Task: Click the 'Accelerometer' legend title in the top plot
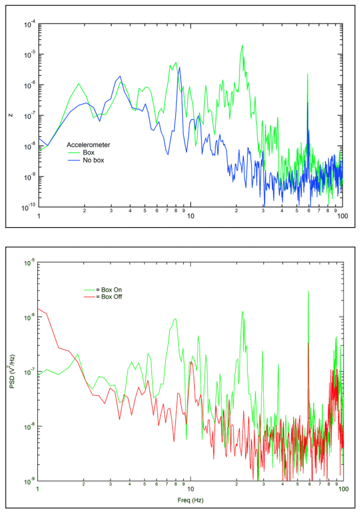[88, 145]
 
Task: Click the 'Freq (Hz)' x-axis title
[190, 500]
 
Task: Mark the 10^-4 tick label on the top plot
[28, 24]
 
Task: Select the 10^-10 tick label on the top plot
[27, 207]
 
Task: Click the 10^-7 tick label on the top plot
[28, 115]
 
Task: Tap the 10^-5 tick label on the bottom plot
[28, 262]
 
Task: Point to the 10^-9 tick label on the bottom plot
[28, 481]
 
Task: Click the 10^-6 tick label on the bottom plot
[28, 317]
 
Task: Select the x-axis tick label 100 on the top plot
[342, 217]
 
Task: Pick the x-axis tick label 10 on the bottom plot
[191, 489]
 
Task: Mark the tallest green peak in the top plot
[242, 45]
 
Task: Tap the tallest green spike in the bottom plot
[308, 291]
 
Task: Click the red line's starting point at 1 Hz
[38, 308]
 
